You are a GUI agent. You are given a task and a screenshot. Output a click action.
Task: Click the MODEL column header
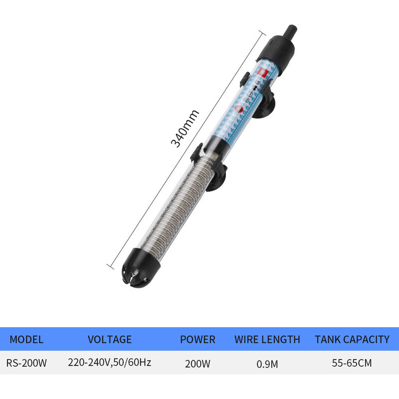point(26,340)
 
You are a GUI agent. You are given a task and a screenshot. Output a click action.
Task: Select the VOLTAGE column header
point(110,340)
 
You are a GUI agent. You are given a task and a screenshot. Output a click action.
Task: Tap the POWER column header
point(198,340)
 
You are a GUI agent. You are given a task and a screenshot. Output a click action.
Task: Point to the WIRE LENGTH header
point(267,340)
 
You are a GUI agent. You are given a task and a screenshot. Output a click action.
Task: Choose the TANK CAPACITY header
point(352,340)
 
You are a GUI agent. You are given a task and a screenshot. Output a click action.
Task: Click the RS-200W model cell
point(26,363)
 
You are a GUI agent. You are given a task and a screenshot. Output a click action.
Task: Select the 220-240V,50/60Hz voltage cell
point(109,362)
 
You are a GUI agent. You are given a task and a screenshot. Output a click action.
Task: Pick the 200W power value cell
point(198,364)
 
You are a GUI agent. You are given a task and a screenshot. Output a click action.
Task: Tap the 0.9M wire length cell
point(267,364)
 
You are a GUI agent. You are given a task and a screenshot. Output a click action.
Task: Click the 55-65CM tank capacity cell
point(352,363)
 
